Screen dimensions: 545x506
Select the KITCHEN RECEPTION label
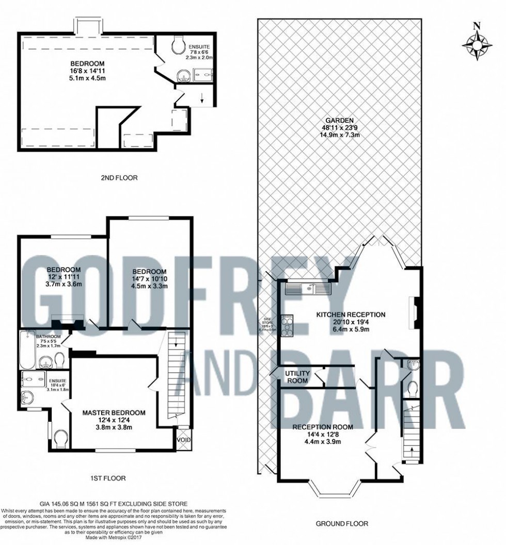351,315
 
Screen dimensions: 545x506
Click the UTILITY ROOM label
297,376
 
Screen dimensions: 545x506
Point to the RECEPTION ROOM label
323,427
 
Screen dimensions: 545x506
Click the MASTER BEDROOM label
114,412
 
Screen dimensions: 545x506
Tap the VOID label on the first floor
183,440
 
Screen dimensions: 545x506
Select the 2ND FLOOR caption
119,178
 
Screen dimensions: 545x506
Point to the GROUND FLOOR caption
342,523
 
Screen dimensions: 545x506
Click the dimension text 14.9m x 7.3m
338,135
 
